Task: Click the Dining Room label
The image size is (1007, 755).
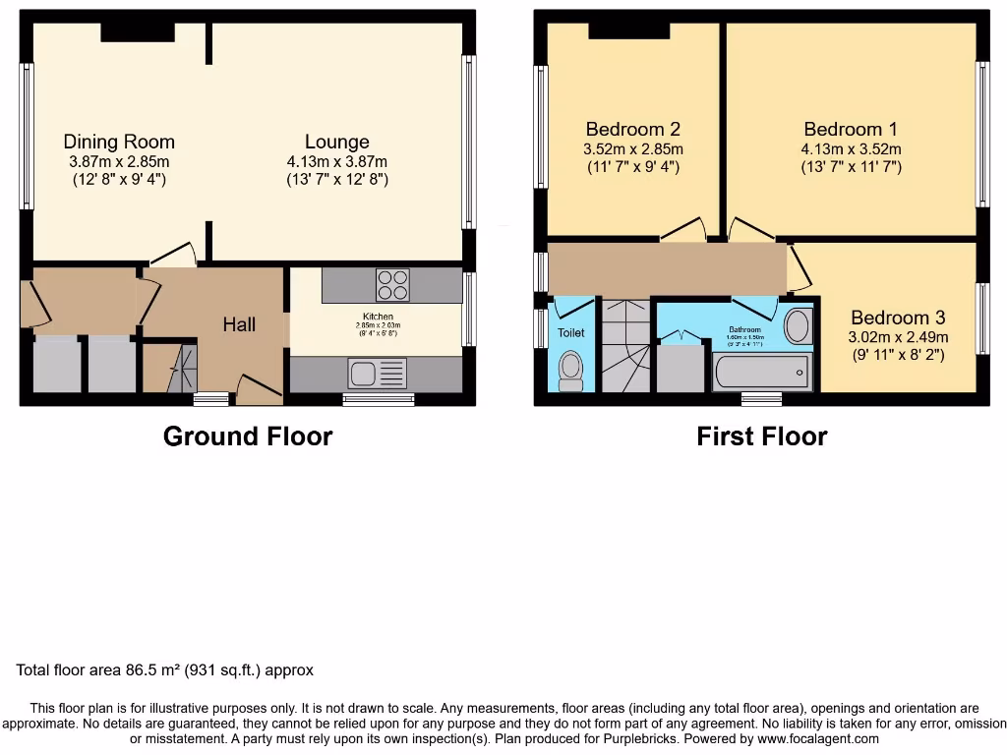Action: click(x=119, y=142)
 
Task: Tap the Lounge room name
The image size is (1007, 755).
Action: click(x=336, y=142)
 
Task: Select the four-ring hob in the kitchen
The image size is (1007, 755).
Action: click(x=392, y=284)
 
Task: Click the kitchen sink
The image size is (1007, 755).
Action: click(x=361, y=374)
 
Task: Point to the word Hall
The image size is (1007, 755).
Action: click(x=239, y=324)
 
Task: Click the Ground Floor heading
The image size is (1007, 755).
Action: click(x=248, y=436)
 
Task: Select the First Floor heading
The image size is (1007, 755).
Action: click(x=762, y=436)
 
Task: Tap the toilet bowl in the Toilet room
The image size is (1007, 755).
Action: click(x=569, y=370)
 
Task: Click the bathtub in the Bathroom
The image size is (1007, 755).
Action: click(x=762, y=373)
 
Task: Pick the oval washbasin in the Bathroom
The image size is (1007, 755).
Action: click(x=799, y=326)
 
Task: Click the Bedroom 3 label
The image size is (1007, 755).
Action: click(x=898, y=318)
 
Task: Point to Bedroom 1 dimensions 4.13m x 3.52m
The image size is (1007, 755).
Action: click(x=851, y=149)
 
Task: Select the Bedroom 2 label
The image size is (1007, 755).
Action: click(x=633, y=129)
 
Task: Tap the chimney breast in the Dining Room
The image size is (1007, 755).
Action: click(x=137, y=32)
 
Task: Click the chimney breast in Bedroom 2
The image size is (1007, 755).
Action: click(x=629, y=30)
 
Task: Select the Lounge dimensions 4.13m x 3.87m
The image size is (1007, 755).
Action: click(x=336, y=162)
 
